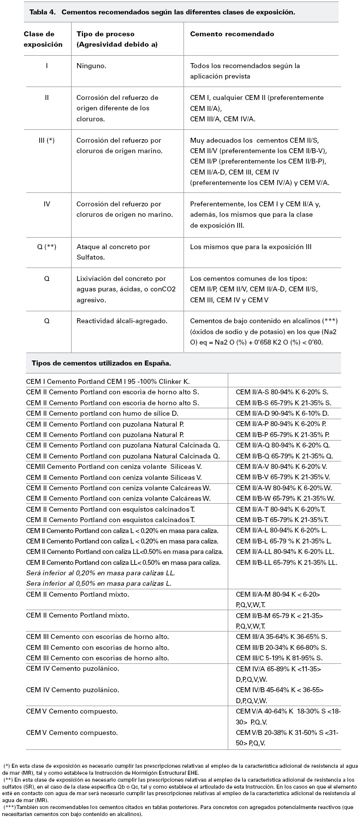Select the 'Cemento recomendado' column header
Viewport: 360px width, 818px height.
[x=232, y=34]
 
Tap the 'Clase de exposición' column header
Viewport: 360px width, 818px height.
[x=43, y=39]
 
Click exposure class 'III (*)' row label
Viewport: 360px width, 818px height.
[x=47, y=141]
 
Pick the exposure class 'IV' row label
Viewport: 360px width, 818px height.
[x=47, y=204]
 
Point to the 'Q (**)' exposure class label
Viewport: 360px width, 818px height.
[x=47, y=247]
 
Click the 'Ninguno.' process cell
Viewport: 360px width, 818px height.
[x=91, y=66]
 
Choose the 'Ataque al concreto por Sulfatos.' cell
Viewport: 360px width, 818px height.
[x=113, y=252]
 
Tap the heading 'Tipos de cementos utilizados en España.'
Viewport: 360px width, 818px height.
[x=101, y=364]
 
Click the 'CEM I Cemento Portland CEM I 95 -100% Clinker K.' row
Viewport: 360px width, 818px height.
[x=108, y=381]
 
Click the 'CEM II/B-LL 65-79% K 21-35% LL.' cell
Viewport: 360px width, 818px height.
[x=286, y=562]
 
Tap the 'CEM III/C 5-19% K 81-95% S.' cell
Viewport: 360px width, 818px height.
[x=281, y=658]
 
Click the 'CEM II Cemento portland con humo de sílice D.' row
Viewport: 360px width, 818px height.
[x=102, y=413]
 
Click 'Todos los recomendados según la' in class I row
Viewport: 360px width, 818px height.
[x=245, y=66]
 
